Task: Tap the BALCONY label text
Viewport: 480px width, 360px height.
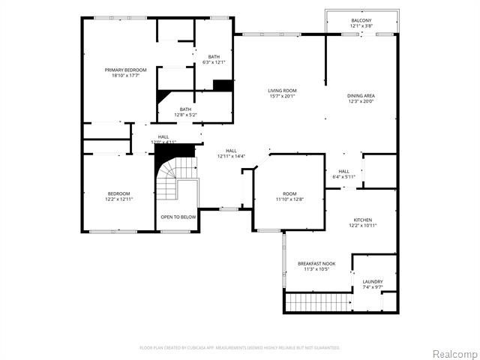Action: [361, 20]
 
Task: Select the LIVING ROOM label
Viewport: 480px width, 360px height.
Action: [282, 91]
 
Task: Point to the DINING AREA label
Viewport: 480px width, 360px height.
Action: [361, 95]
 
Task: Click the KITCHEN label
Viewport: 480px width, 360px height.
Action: [362, 220]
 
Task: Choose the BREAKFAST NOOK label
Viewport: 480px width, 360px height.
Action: [316, 263]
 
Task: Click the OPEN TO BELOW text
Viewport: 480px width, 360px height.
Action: [178, 217]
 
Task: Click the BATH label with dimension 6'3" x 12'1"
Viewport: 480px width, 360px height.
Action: [214, 57]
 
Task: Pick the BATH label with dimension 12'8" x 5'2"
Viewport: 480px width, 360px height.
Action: [184, 109]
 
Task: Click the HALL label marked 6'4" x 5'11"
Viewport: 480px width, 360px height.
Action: [343, 171]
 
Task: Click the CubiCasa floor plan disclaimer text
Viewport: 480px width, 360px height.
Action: [240, 347]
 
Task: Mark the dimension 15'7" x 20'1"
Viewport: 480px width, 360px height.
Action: [282, 96]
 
